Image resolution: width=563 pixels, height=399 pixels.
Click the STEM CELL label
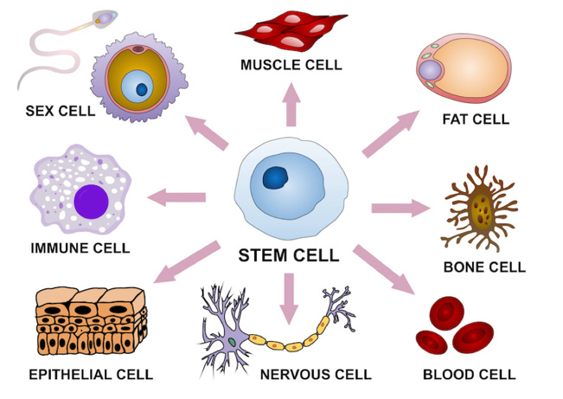pyautogui.click(x=288, y=255)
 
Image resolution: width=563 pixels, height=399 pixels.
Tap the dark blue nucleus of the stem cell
pyautogui.click(x=277, y=179)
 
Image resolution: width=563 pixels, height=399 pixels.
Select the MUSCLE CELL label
pyautogui.click(x=291, y=65)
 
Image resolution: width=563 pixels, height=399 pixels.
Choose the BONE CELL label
pyautogui.click(x=483, y=267)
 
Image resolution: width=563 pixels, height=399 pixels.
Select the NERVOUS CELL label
pyautogui.click(x=315, y=375)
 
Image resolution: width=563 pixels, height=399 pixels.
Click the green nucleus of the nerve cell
pyautogui.click(x=232, y=344)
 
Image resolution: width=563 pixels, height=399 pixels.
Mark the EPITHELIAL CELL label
pyautogui.click(x=91, y=375)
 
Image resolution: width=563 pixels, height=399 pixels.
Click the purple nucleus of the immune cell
pyautogui.click(x=91, y=202)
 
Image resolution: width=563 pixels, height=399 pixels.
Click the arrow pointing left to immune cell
pyautogui.click(x=177, y=198)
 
